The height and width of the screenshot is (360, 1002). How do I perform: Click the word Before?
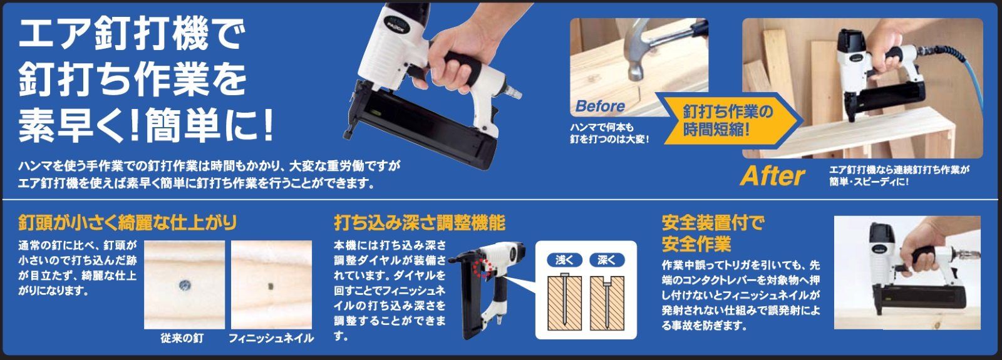click(599, 106)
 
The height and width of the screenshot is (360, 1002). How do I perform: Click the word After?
click(772, 177)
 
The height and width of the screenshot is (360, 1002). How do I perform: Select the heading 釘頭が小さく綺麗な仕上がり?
click(128, 222)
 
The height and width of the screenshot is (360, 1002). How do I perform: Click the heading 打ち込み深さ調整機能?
click(419, 222)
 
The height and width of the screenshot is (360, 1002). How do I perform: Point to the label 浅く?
click(564, 260)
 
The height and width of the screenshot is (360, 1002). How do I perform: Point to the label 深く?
click(606, 260)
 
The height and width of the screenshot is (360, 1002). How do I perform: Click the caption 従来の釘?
click(182, 338)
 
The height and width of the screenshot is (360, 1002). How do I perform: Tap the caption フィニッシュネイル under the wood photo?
click(271, 338)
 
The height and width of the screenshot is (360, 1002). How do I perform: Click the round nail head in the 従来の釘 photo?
click(185, 285)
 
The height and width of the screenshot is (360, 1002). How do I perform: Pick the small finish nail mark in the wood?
click(271, 287)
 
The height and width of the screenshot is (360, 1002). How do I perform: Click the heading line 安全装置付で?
click(713, 222)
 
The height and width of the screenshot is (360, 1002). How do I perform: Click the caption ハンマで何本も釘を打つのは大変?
click(608, 133)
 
